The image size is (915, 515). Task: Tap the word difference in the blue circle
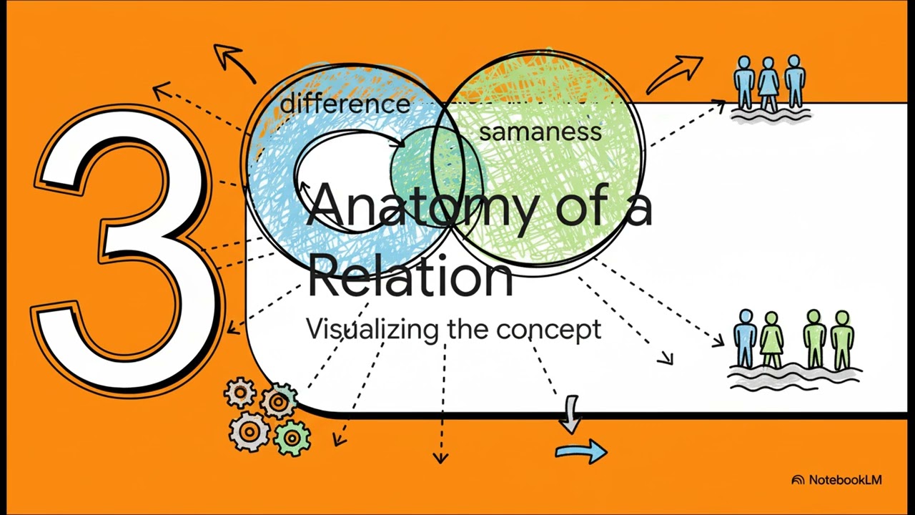pyautogui.click(x=345, y=104)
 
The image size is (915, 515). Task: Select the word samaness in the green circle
pyautogui.click(x=540, y=132)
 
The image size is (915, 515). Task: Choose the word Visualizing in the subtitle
pyautogui.click(x=372, y=329)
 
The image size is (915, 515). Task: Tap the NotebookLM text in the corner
pyautogui.click(x=845, y=480)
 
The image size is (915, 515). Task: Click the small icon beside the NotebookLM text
pyautogui.click(x=798, y=480)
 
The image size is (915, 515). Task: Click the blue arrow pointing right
pyautogui.click(x=581, y=451)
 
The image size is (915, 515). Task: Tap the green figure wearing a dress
pyautogui.click(x=771, y=340)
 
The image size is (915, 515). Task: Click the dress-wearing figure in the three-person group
pyautogui.click(x=768, y=83)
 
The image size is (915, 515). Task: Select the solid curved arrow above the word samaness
pyautogui.click(x=674, y=74)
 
